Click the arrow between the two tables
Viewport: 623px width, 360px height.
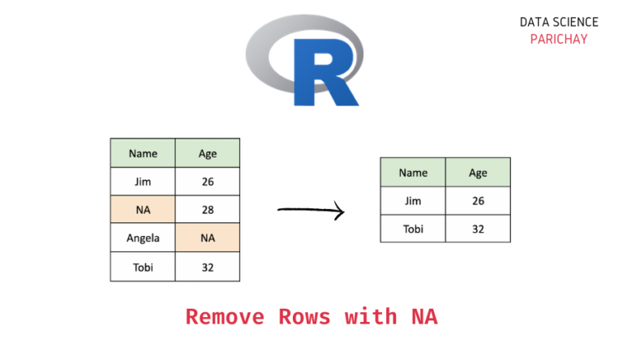click(311, 212)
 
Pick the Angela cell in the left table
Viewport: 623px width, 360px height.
click(143, 238)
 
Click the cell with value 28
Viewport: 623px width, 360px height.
click(208, 210)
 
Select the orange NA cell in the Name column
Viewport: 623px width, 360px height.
click(143, 210)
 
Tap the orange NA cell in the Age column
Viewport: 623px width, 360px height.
click(208, 238)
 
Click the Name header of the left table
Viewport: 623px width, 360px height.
click(143, 153)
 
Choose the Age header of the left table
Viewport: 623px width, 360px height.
click(208, 153)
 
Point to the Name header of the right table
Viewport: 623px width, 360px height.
click(413, 172)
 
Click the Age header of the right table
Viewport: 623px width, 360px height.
click(478, 172)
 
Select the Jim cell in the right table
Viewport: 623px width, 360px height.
click(413, 200)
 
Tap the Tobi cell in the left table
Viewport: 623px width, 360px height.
click(143, 267)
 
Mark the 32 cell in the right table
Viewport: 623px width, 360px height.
click(478, 229)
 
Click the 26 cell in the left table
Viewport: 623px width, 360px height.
click(208, 182)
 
